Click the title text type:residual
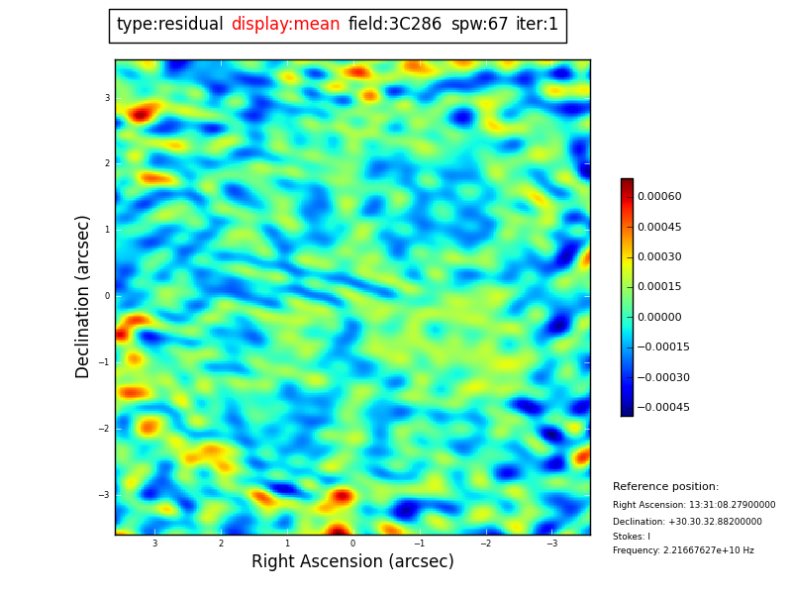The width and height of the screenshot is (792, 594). (169, 25)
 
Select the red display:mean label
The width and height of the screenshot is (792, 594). (285, 25)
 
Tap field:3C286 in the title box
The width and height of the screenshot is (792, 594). (395, 25)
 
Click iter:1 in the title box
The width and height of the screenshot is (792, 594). (537, 25)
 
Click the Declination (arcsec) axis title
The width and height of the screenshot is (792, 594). (83, 296)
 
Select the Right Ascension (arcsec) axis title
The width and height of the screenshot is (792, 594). (352, 562)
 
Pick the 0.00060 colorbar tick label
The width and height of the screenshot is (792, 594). (659, 197)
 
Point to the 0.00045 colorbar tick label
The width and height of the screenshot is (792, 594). (659, 227)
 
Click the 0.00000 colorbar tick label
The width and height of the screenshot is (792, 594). (659, 317)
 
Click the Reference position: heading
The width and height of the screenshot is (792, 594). (665, 487)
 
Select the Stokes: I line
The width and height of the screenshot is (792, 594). (632, 537)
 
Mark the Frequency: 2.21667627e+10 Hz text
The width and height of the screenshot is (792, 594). (683, 550)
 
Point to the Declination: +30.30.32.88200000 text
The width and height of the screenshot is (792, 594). (687, 522)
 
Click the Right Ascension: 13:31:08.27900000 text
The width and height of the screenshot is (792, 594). (694, 505)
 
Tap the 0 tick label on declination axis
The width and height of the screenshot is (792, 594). (107, 296)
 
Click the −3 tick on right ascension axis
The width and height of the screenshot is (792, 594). (552, 544)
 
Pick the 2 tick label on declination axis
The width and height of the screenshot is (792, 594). (107, 163)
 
